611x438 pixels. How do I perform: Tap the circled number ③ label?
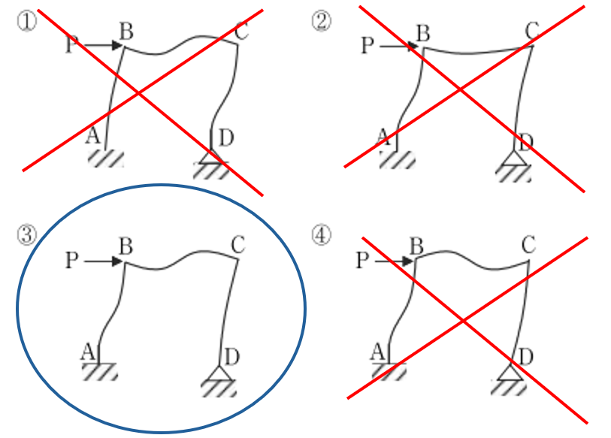[26, 234]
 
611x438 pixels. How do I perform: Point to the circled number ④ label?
[322, 234]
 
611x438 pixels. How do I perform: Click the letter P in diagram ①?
[71, 46]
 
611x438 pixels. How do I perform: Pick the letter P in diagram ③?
[71, 261]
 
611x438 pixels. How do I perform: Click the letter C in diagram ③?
[238, 245]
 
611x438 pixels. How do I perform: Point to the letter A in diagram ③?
[88, 351]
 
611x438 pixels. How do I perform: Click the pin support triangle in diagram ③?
[218, 372]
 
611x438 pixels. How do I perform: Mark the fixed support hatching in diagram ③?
[99, 371]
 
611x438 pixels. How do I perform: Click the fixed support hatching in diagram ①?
[104, 159]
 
